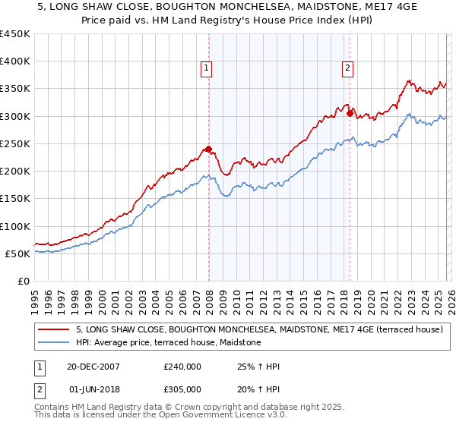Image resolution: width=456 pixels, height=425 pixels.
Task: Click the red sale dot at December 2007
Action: (x=208, y=150)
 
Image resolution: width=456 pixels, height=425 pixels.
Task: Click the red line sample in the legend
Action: (x=54, y=330)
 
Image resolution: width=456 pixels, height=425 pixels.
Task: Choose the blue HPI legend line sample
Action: (x=54, y=343)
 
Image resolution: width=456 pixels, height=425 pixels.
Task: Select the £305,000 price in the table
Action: (x=182, y=389)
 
